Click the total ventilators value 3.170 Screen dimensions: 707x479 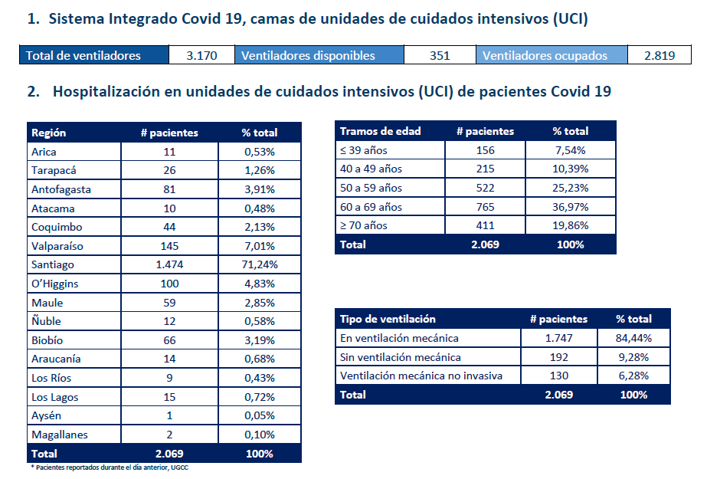(201, 55)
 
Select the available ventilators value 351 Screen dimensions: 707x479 (440, 55)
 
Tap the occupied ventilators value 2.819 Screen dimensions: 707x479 (660, 55)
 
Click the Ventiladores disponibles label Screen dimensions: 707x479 (308, 55)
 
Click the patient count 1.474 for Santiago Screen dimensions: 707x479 (169, 264)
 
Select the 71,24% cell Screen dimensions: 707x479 (260, 264)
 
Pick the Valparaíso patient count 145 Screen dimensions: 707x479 (169, 246)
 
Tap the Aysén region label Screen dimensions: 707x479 (47, 415)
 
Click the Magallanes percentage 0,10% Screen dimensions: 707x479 (260, 435)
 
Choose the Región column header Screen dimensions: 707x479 (49, 133)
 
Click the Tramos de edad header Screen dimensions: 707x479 (380, 131)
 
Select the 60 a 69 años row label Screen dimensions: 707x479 (371, 207)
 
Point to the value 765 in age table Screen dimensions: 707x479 (485, 207)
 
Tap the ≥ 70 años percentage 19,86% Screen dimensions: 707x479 (571, 225)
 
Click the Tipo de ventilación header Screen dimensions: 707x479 (388, 319)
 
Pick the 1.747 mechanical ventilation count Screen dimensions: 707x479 (558, 338)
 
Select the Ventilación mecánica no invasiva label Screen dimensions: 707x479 (421, 376)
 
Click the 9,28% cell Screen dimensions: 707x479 (633, 357)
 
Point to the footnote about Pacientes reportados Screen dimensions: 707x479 (110, 468)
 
